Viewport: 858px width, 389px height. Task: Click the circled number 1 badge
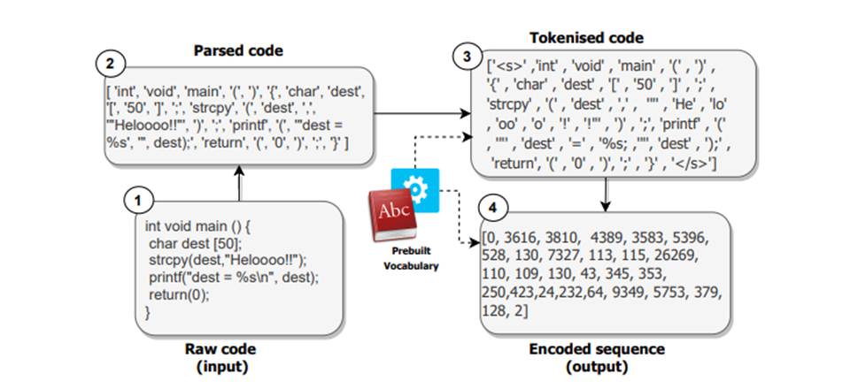(x=137, y=201)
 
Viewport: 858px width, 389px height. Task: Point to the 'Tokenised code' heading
(x=586, y=38)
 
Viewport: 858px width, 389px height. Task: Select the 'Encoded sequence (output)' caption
(x=599, y=357)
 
